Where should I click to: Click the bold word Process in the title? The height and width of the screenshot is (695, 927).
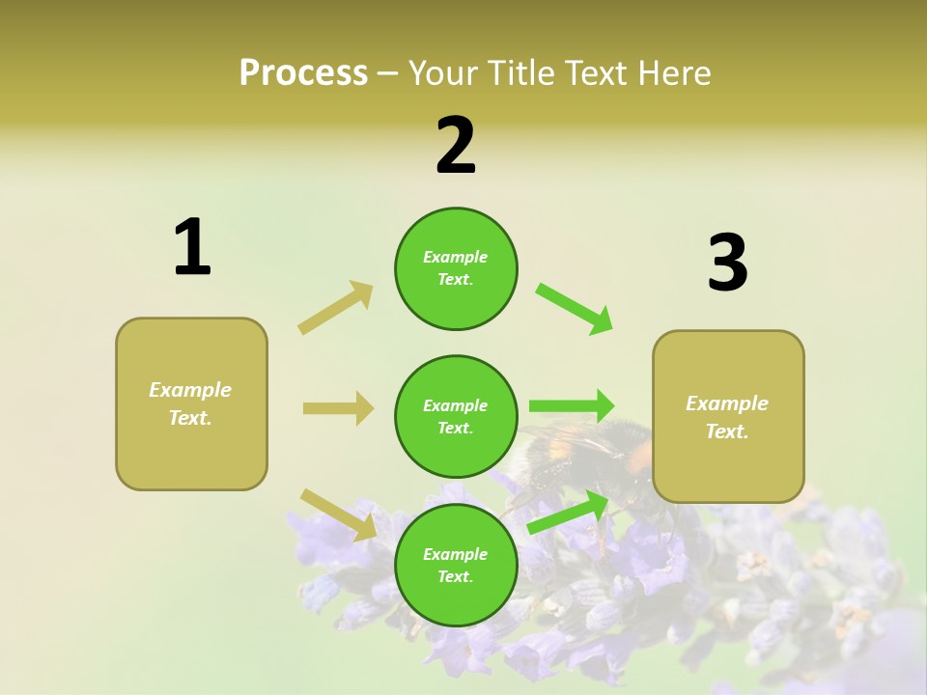tap(303, 73)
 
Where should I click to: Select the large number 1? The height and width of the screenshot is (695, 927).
tap(192, 248)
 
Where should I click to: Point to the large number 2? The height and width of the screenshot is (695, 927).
tap(456, 146)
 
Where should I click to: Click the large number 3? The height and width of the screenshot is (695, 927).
tap(727, 264)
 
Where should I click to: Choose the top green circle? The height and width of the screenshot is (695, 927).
tap(456, 268)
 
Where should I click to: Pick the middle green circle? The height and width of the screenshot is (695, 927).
tap(456, 416)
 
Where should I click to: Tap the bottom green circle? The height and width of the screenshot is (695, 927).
tap(456, 565)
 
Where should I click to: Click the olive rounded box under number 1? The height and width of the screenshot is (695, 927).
tap(191, 403)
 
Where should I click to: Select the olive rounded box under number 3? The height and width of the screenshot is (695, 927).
tap(728, 417)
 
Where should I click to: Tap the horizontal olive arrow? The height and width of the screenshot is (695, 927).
tap(338, 408)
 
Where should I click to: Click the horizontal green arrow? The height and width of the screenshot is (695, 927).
tap(572, 406)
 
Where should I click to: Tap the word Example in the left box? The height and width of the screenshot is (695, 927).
tap(190, 390)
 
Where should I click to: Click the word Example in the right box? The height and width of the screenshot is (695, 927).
tap(727, 403)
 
